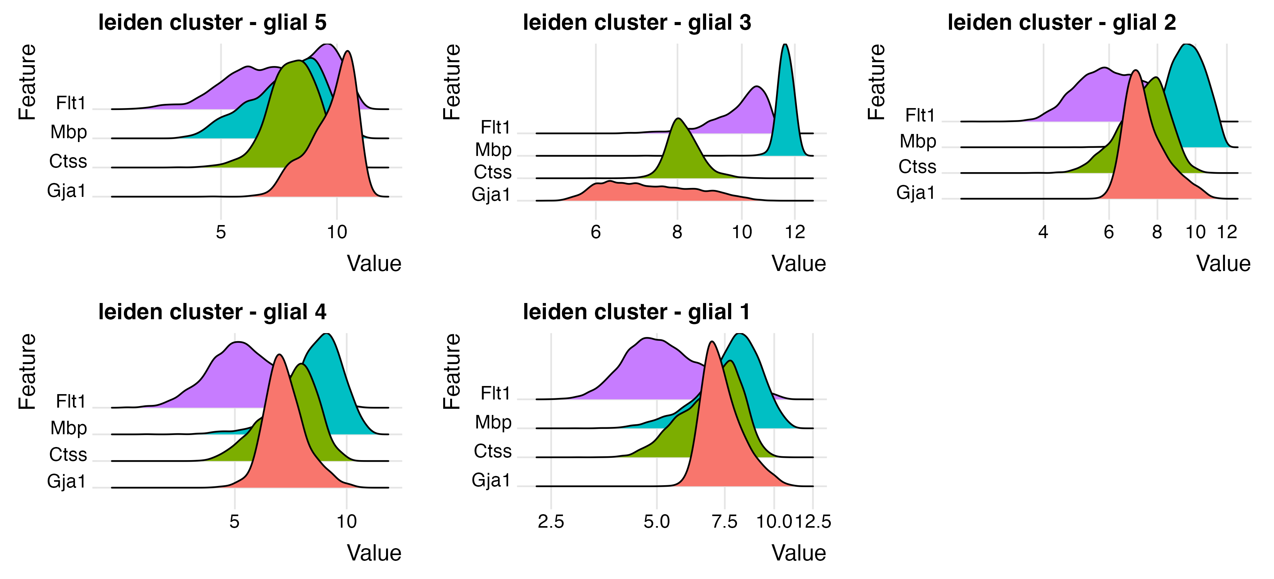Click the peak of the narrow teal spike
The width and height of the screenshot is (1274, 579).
tap(785, 46)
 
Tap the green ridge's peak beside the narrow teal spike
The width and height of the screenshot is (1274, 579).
tap(679, 120)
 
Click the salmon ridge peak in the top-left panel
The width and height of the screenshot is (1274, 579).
tap(348, 52)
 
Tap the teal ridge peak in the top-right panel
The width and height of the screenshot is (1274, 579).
tap(1186, 46)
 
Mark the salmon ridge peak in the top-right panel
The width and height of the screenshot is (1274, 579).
tap(1136, 71)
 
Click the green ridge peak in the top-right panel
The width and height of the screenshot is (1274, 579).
tap(1155, 78)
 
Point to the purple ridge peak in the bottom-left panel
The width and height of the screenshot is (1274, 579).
tap(236, 343)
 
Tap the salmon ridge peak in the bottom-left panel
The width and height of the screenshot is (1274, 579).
tap(280, 355)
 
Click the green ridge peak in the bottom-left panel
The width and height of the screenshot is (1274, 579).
tap(301, 365)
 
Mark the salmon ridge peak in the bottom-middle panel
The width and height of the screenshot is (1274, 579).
tap(711, 342)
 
